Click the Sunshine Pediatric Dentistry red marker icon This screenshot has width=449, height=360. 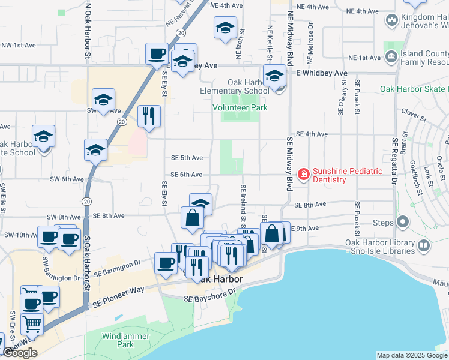(x=304, y=175)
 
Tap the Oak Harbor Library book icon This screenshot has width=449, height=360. (x=424, y=246)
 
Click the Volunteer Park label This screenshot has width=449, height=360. (x=240, y=107)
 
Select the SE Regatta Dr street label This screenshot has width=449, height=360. (x=395, y=161)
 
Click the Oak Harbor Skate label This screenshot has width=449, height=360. (x=414, y=89)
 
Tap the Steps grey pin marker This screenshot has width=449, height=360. (x=403, y=223)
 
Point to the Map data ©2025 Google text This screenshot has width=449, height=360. (x=412, y=355)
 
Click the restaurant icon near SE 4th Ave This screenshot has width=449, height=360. (x=149, y=115)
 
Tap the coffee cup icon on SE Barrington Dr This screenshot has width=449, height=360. (x=166, y=262)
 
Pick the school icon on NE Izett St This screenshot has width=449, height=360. (x=225, y=28)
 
